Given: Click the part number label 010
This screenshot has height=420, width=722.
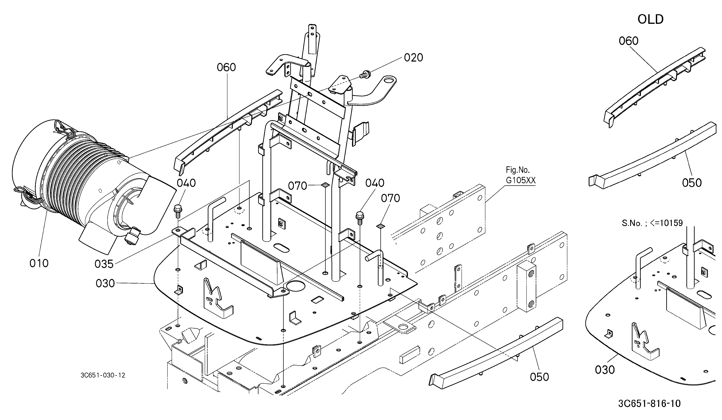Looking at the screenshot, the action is coord(39,263).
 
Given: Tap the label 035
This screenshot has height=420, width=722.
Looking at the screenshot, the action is coord(104,264).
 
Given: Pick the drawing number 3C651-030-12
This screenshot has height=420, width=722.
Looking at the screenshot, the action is coord(103,375).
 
